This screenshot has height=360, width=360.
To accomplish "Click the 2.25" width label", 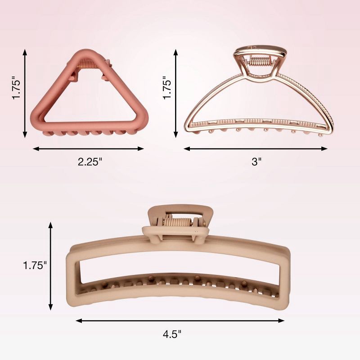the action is [90, 162].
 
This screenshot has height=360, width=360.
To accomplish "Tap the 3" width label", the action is [256, 162].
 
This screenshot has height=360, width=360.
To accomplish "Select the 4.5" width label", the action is [172, 334].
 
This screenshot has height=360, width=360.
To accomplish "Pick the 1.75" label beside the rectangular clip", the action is [35, 265].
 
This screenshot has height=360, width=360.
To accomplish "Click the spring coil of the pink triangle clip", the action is [88, 63].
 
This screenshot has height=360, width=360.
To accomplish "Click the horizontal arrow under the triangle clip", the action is [88, 149].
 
